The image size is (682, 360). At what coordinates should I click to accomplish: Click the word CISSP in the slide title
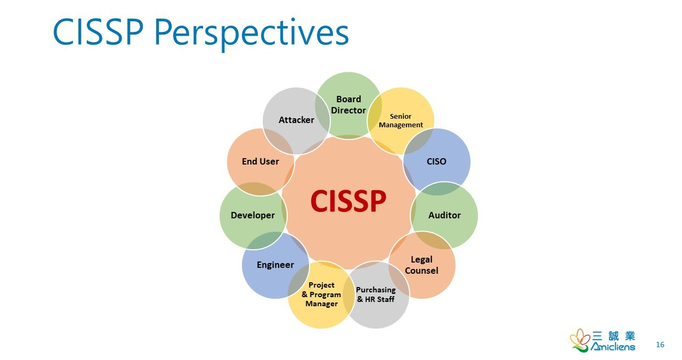(98, 32)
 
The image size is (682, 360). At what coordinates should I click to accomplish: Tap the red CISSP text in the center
(348, 201)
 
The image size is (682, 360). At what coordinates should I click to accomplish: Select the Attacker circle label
(296, 120)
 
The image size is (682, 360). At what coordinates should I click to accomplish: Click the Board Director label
(348, 105)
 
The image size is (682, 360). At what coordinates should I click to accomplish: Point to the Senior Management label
(401, 121)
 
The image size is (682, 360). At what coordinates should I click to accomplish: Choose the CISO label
(436, 161)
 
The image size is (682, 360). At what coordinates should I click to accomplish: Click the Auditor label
(444, 215)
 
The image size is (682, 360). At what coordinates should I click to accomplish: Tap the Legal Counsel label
(421, 265)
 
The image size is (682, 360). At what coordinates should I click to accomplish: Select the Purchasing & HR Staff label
(376, 294)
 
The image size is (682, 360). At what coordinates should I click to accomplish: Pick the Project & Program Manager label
(321, 294)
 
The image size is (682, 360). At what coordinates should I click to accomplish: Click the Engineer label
(275, 265)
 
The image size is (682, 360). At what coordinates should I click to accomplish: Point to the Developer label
(253, 215)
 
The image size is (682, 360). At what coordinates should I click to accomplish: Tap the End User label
(261, 161)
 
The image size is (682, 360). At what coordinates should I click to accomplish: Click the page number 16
(660, 345)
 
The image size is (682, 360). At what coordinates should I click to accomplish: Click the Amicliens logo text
(613, 347)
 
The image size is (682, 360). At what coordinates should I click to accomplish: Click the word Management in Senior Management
(401, 125)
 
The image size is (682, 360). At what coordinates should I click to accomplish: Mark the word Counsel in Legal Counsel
(421, 271)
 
